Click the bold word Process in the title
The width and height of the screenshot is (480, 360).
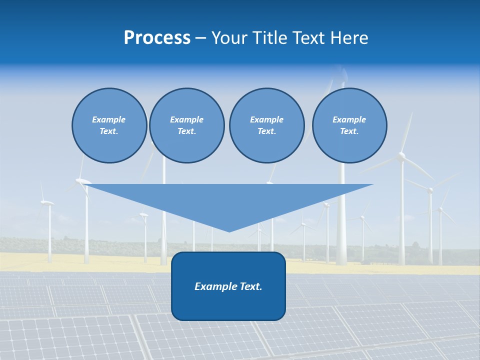[157, 37]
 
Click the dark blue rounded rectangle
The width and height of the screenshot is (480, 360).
[228, 305]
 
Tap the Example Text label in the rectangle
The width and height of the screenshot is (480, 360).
[228, 286]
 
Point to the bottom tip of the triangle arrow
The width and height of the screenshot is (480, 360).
[229, 231]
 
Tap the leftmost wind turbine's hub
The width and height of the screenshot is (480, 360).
[48, 202]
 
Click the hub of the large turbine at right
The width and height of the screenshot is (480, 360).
[401, 157]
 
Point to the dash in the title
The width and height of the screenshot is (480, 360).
[200, 38]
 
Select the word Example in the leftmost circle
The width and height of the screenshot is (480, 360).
[109, 119]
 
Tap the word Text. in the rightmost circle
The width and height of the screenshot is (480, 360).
[349, 131]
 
